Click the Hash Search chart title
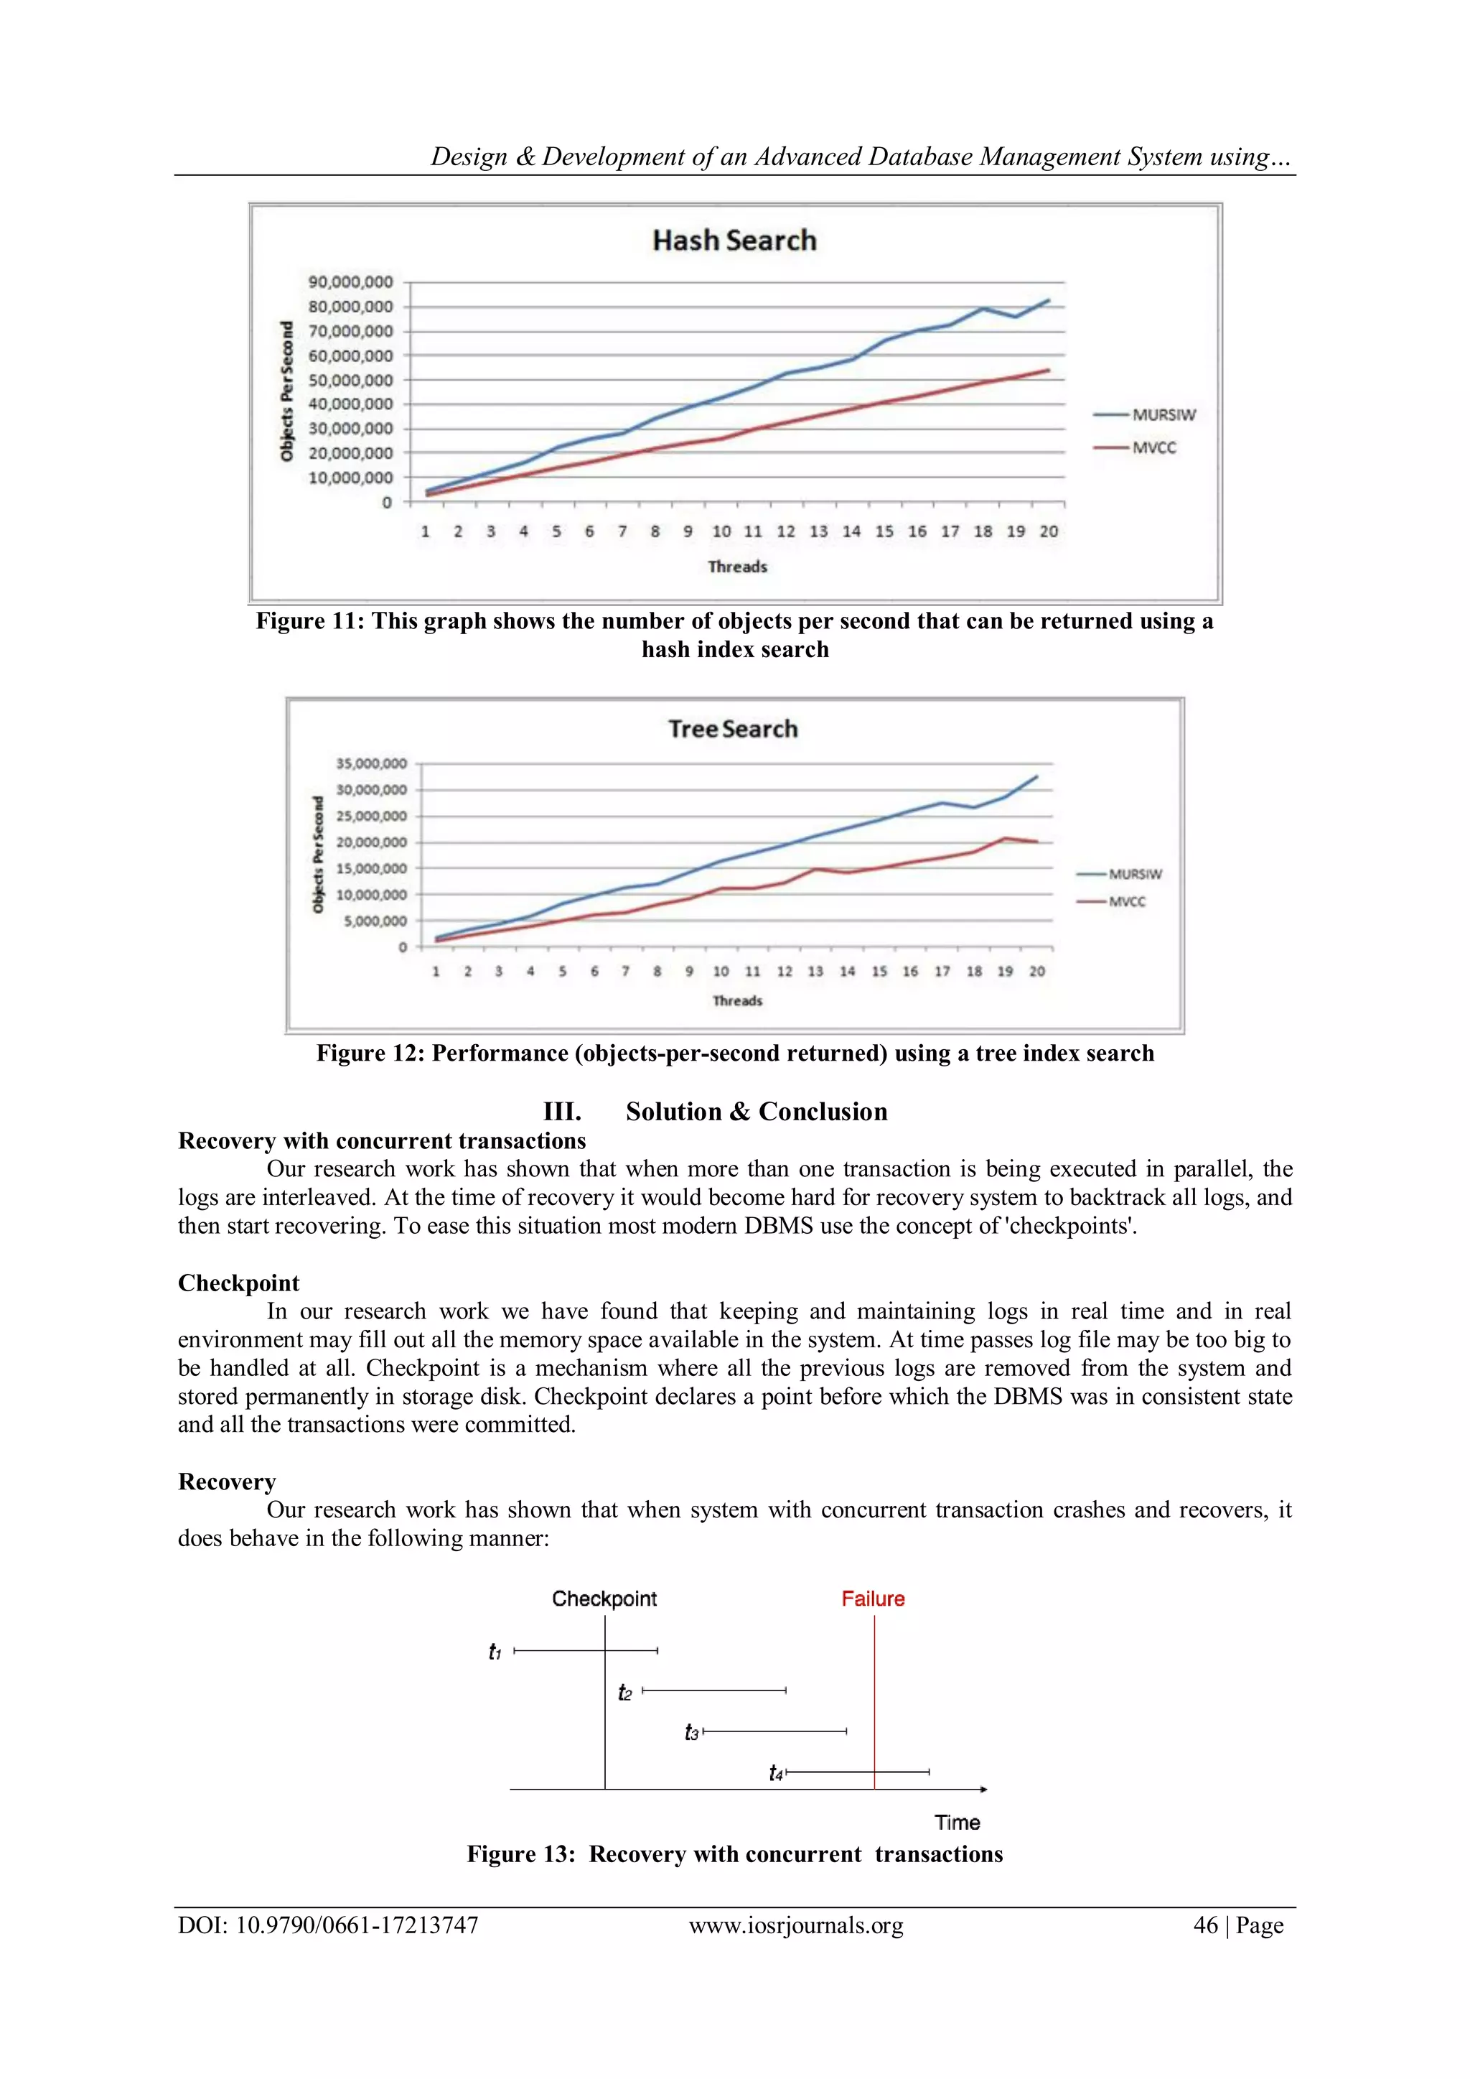click(734, 240)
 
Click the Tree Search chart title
click(733, 729)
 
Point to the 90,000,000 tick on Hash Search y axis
click(350, 282)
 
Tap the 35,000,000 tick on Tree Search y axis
click(371, 764)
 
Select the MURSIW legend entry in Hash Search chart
click(1163, 414)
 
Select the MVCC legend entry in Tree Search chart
click(1127, 902)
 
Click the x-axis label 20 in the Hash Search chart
click(1048, 531)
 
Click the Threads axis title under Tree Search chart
click(737, 1000)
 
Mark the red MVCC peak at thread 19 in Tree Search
click(1005, 839)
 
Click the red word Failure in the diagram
click(873, 1598)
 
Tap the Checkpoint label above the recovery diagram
click(604, 1598)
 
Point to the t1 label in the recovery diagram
click(495, 1652)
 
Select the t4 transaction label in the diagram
click(776, 1773)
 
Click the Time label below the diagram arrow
click(957, 1822)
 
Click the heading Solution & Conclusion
click(756, 1111)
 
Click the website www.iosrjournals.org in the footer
click(795, 1925)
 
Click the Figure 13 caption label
click(520, 1854)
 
